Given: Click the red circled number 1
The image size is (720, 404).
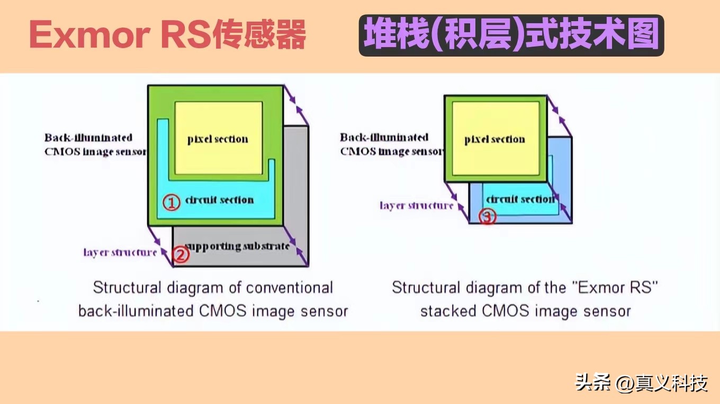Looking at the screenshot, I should (x=170, y=203).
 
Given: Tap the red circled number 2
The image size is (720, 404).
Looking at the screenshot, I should (x=181, y=255).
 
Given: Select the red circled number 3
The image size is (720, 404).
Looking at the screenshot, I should (x=488, y=216).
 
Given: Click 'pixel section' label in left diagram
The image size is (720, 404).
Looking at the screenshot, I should (x=218, y=140).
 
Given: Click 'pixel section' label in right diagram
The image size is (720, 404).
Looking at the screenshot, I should (x=494, y=140).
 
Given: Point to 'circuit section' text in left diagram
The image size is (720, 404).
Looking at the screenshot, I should (x=219, y=200).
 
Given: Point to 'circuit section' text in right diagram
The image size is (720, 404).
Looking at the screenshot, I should (x=519, y=199).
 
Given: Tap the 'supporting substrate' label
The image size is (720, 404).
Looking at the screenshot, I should (x=238, y=246).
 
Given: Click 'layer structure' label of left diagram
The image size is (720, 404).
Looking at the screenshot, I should (x=120, y=252).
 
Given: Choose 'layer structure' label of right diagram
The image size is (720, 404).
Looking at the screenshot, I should (x=417, y=205).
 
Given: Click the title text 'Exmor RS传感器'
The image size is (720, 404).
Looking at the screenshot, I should (x=167, y=36).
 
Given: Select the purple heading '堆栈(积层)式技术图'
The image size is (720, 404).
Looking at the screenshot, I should (x=511, y=34).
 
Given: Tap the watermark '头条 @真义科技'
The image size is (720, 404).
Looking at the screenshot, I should (x=642, y=383).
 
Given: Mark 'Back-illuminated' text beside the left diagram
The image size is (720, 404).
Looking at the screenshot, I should (x=88, y=137).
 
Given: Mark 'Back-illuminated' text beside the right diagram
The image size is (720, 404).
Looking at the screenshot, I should (x=384, y=137).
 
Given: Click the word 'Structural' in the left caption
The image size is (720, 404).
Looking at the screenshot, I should (x=127, y=288).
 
